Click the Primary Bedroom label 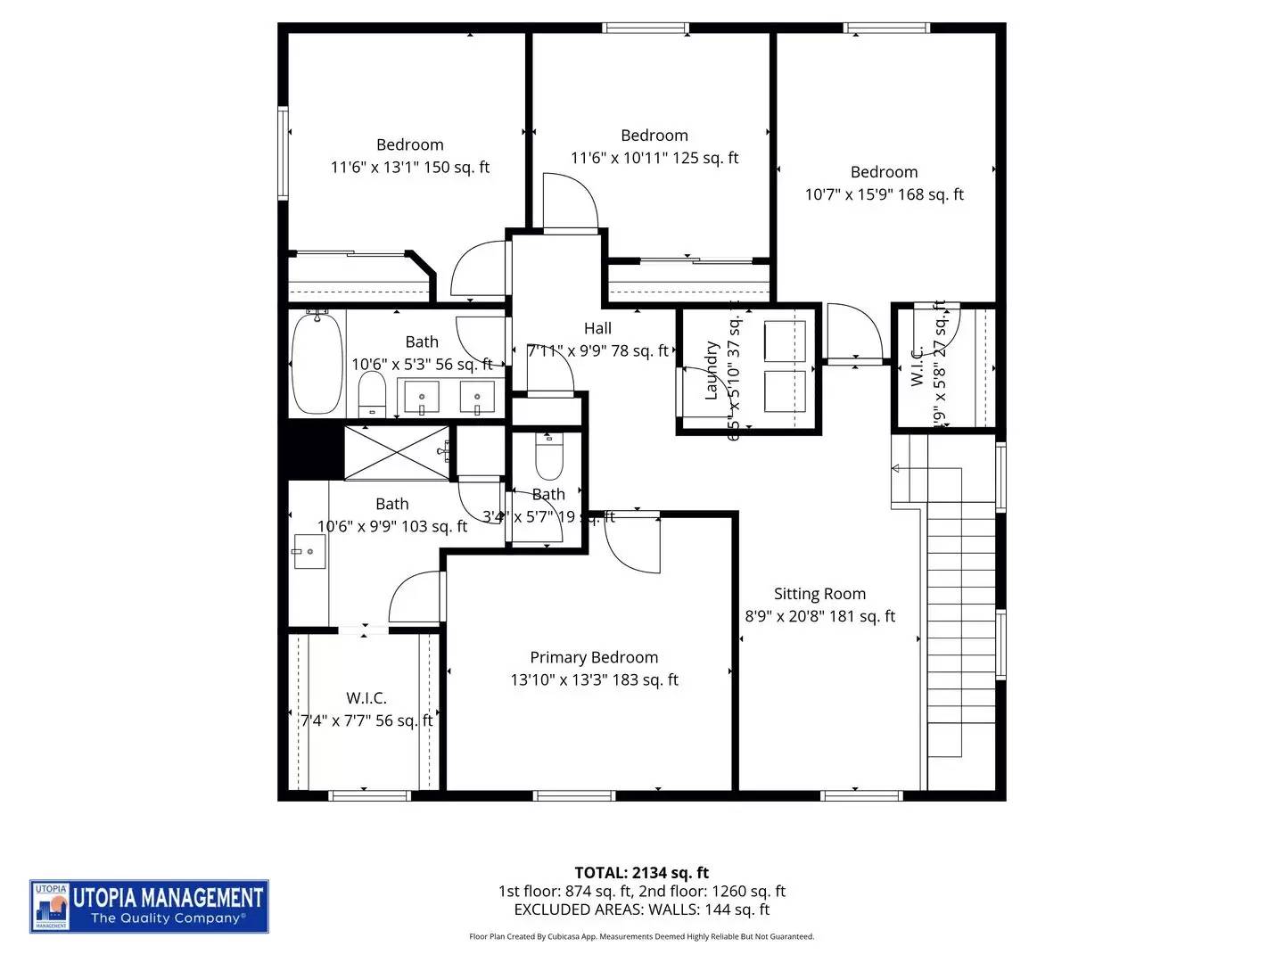pyautogui.click(x=594, y=658)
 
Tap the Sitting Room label pyautogui.click(x=819, y=594)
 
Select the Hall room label pyautogui.click(x=597, y=329)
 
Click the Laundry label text pyautogui.click(x=712, y=370)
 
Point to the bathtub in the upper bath pyautogui.click(x=317, y=363)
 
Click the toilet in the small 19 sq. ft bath pyautogui.click(x=547, y=458)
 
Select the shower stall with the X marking pyautogui.click(x=397, y=452)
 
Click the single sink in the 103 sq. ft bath pyautogui.click(x=309, y=551)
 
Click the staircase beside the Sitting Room pyautogui.click(x=961, y=624)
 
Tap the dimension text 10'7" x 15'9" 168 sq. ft pyautogui.click(x=884, y=194)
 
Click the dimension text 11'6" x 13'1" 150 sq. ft pyautogui.click(x=410, y=167)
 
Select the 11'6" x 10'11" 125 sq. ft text pyautogui.click(x=654, y=158)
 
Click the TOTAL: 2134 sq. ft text pyautogui.click(x=641, y=873)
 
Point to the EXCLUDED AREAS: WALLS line pyautogui.click(x=641, y=909)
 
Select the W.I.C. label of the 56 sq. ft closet pyautogui.click(x=366, y=698)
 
